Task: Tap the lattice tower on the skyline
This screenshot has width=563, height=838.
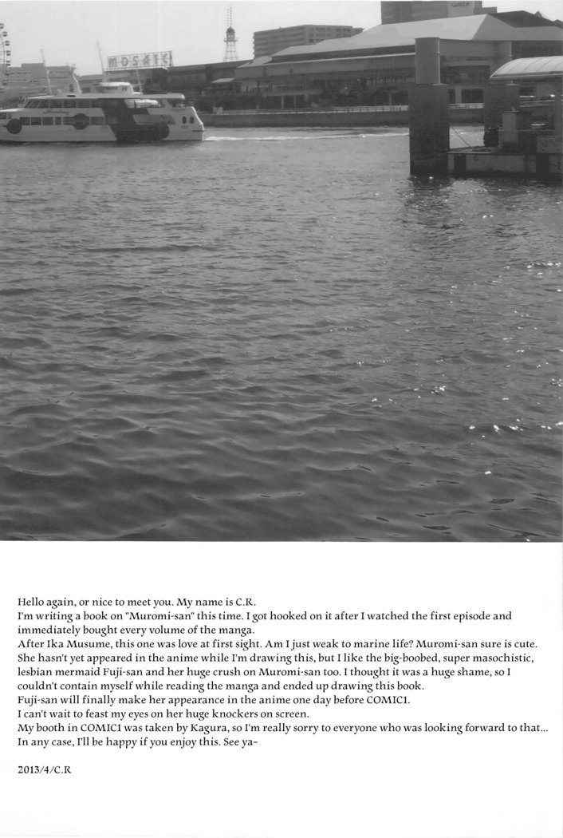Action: tap(230, 38)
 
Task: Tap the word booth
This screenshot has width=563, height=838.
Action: tap(52, 729)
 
